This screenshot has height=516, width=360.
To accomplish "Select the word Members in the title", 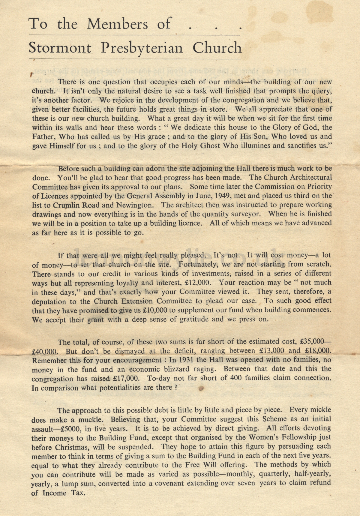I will tap(117, 24).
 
